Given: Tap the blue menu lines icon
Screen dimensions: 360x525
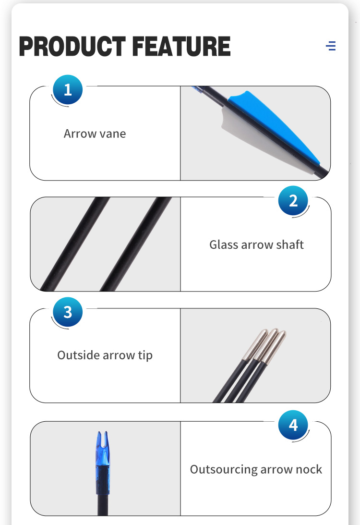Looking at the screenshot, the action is [331, 46].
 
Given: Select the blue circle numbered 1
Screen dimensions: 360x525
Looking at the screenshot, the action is [68, 90].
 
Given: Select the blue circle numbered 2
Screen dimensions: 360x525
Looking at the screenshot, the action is [293, 201].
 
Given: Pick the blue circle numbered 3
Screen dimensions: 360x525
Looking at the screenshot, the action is [68, 312].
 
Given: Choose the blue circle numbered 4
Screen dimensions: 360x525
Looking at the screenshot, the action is [293, 425].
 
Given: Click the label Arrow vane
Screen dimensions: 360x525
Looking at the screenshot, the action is [95, 134].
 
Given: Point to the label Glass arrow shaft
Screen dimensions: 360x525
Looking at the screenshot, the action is [257, 244].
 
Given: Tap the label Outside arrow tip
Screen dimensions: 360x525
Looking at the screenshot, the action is [105, 355].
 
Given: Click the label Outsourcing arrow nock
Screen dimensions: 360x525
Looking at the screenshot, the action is [256, 469].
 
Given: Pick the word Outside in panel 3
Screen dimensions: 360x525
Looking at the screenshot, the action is [78, 355].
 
